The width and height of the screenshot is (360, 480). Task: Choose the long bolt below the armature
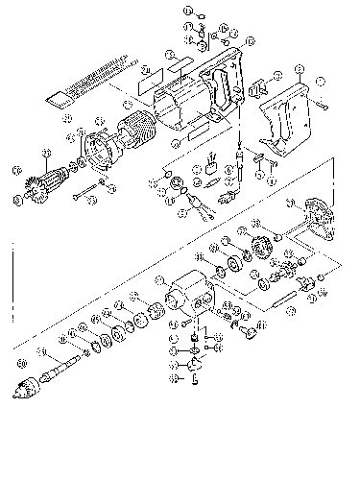(91, 185)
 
